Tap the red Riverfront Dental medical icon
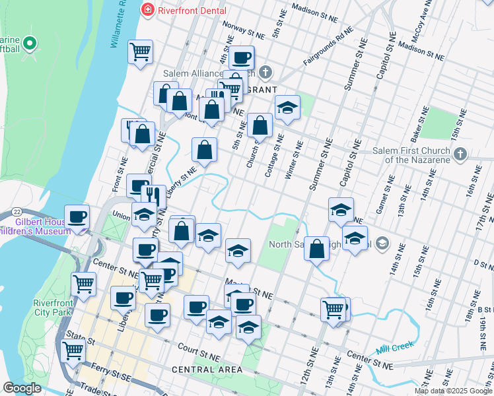coord(147,11)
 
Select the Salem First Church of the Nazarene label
coord(411,154)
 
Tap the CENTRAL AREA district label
coord(206,370)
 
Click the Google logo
coord(22,388)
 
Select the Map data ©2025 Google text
coord(454,391)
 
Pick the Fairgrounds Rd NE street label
coord(328,46)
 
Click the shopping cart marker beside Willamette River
coord(141,51)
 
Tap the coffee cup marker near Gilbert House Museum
coord(77,216)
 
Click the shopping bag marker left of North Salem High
coord(317,248)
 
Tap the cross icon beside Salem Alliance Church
coord(265,72)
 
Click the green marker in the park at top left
coord(29,44)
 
